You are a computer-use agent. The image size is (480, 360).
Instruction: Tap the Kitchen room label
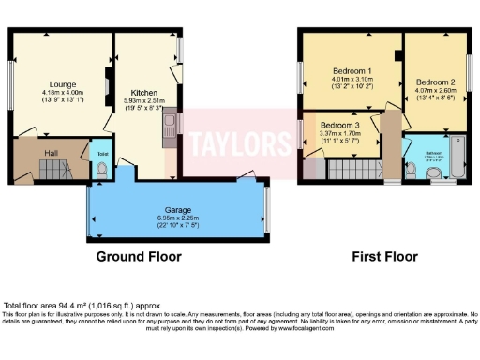(x=144, y=92)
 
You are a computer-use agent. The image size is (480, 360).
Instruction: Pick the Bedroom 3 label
(x=339, y=125)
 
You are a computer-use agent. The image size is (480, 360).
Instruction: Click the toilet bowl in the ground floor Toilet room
(x=100, y=169)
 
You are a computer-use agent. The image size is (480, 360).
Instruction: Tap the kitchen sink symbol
(x=170, y=126)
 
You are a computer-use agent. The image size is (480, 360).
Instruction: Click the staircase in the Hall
(x=53, y=171)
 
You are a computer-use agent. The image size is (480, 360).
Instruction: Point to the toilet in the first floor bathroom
(x=413, y=169)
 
